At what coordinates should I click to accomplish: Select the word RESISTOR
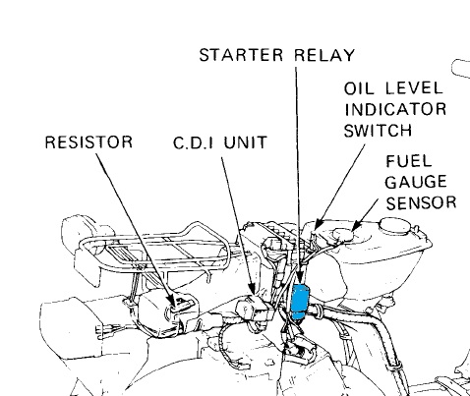click(x=87, y=142)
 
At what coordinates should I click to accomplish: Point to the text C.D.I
click(x=195, y=142)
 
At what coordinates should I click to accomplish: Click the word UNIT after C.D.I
click(x=246, y=142)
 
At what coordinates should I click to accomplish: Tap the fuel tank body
click(x=393, y=255)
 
